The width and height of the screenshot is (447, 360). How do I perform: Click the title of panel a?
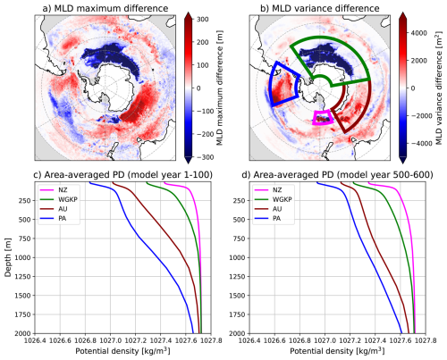click(x=105, y=8)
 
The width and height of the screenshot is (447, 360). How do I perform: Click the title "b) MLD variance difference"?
click(x=320, y=8)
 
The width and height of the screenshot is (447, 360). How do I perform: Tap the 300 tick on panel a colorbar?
click(x=203, y=20)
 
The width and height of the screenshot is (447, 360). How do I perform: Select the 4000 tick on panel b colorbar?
click(x=418, y=33)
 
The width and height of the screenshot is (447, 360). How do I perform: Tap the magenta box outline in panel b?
click(x=323, y=112)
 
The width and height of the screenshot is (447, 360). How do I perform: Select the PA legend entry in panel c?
click(x=56, y=219)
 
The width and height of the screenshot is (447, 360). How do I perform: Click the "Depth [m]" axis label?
click(x=8, y=257)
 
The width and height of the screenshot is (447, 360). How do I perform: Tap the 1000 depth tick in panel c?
click(x=23, y=257)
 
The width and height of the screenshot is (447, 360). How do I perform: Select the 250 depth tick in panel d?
click(x=240, y=201)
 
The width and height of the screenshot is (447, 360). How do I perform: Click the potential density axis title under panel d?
click(x=337, y=351)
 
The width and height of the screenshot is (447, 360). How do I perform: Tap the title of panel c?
click(x=122, y=175)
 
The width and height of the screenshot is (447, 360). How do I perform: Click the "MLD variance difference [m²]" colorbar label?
click(x=439, y=88)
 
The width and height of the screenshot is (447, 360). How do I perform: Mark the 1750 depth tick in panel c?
click(x=23, y=314)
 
